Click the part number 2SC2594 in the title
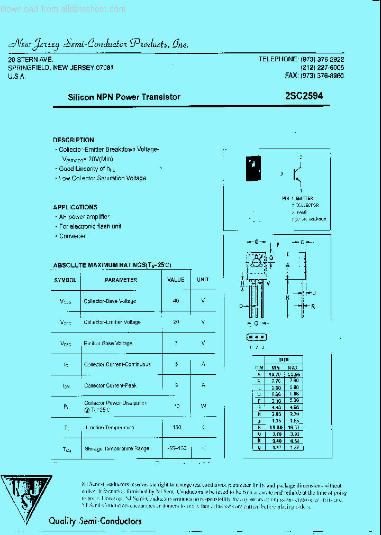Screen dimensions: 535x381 coord(303,96)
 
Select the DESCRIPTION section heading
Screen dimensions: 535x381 coord(74,140)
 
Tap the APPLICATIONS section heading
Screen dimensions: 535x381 coord(75,207)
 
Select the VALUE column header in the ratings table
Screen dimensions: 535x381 coord(176,280)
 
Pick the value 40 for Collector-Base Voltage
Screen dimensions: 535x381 coord(176,301)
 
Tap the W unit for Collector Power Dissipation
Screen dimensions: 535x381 coord(203,407)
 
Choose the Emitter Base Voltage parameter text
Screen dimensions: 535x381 coord(108,343)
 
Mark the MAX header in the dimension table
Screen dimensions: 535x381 coord(293,367)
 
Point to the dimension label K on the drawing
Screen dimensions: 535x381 coord(288,298)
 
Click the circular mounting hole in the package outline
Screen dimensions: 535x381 coord(257,262)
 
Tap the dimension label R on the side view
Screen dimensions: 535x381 coord(313,306)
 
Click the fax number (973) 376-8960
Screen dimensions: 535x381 coord(314,76)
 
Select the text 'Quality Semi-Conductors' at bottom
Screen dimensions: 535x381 coord(95,521)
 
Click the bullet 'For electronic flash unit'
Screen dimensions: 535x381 coord(90,226)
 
